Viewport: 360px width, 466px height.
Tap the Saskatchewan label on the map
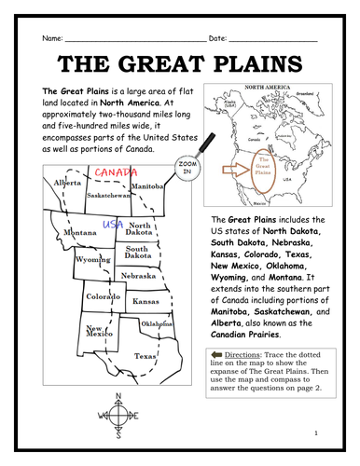point(110,197)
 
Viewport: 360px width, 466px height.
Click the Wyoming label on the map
point(93,260)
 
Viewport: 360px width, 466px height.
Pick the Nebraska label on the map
point(138,277)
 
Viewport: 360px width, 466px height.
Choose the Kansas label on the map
point(145,302)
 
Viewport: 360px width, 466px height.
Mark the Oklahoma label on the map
point(155,323)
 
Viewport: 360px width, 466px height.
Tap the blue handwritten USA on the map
point(114,225)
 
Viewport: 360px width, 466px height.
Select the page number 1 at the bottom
point(316,434)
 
